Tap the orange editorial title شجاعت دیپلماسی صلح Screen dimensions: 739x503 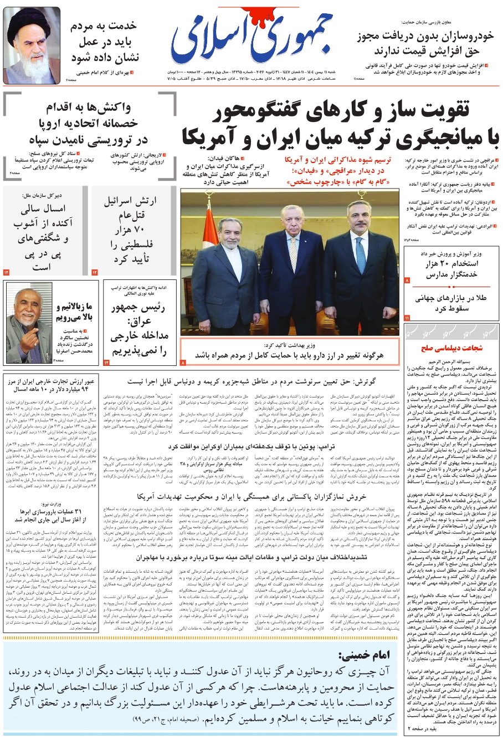pyautogui.click(x=451, y=348)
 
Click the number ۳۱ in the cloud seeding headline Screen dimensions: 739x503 pyautogui.click(x=75, y=511)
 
